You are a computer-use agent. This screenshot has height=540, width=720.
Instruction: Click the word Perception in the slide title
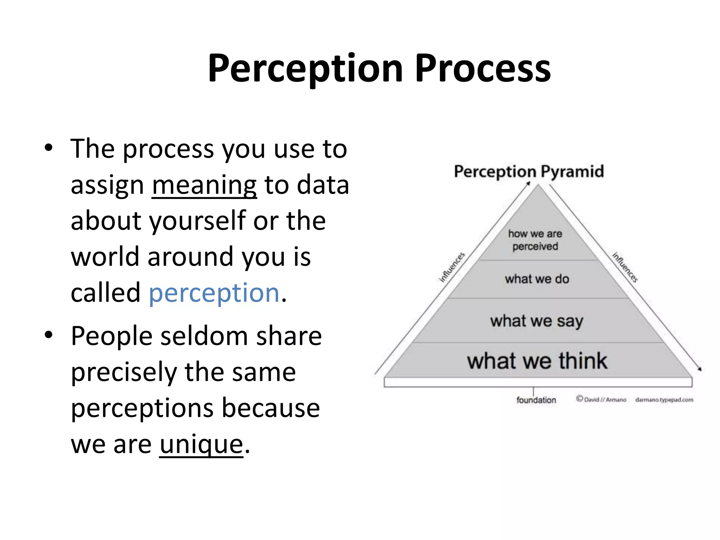pyautogui.click(x=305, y=69)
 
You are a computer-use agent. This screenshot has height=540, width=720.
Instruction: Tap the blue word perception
pyautogui.click(x=214, y=293)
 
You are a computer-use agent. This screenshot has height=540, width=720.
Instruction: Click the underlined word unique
pyautogui.click(x=201, y=444)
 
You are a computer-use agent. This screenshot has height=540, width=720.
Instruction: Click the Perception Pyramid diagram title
pyautogui.click(x=529, y=172)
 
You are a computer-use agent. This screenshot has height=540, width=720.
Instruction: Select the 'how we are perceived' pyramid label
pyautogui.click(x=535, y=240)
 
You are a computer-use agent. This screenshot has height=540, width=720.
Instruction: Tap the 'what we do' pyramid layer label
pyautogui.click(x=537, y=279)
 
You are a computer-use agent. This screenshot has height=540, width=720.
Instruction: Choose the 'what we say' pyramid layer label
pyautogui.click(x=537, y=321)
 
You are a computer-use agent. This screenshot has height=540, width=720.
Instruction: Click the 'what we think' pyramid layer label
pyautogui.click(x=537, y=361)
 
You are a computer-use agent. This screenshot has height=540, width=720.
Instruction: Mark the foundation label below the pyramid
pyautogui.click(x=536, y=400)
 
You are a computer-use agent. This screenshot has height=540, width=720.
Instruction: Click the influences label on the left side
pyautogui.click(x=452, y=267)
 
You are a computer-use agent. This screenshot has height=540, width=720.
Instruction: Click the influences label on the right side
pyautogui.click(x=625, y=267)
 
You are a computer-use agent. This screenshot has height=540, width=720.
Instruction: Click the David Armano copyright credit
pyautogui.click(x=601, y=400)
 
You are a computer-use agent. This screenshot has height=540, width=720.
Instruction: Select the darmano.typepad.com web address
pyautogui.click(x=664, y=400)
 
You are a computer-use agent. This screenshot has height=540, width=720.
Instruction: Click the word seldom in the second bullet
pyautogui.click(x=204, y=336)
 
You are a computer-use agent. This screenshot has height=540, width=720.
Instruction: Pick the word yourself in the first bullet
pyautogui.click(x=198, y=221)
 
